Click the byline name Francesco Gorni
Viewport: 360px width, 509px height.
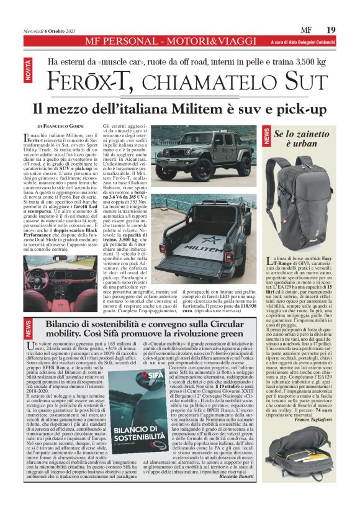67,126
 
